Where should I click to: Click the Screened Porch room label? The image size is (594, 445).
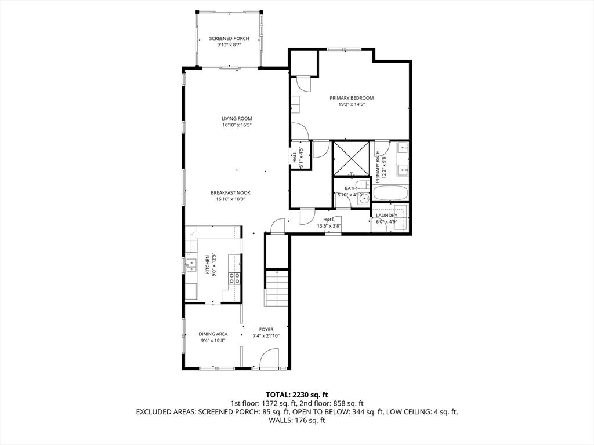[229, 38]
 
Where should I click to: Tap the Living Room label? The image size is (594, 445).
[237, 118]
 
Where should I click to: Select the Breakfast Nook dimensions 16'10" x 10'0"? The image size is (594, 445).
[231, 199]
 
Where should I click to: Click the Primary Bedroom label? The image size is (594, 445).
[352, 97]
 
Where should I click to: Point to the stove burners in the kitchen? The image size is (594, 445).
[234, 278]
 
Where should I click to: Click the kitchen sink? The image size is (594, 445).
[191, 265]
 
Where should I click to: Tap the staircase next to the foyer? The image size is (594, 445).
[277, 289]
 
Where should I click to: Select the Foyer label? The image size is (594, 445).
[266, 329]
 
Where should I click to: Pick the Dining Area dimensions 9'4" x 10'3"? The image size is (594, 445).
[213, 341]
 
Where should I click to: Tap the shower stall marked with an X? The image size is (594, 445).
[351, 159]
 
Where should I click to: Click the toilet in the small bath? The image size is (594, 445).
[363, 185]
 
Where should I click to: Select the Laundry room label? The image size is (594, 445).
[386, 216]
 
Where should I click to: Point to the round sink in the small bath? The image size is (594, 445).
[364, 199]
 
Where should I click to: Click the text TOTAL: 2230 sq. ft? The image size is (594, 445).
[296, 395]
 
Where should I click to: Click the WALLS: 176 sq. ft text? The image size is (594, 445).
[297, 420]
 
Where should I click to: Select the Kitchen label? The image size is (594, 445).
[207, 265]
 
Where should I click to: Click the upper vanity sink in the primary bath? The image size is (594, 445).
[403, 147]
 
